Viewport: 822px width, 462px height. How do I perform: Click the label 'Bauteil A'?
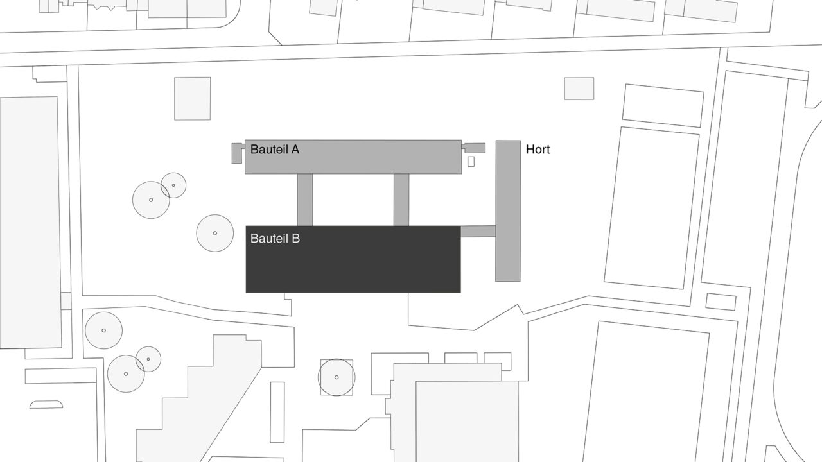[275, 150]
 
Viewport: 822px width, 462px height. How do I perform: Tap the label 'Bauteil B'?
[275, 239]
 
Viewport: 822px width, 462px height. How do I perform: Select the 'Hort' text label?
[538, 150]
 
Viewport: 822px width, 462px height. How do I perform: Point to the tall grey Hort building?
[508, 211]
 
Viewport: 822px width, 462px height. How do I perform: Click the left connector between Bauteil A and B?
[305, 200]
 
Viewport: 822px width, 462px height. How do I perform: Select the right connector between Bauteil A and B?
[401, 200]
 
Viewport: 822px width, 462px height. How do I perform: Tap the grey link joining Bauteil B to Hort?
[478, 232]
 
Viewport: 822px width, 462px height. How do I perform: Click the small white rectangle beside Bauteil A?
[471, 162]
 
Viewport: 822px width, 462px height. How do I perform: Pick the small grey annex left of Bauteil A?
[237, 153]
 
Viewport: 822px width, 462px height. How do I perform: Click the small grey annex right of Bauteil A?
[475, 148]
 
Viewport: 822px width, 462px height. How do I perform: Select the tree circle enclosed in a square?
[337, 377]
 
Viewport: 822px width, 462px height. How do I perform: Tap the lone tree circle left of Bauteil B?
[214, 233]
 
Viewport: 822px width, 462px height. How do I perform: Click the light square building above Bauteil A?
[192, 99]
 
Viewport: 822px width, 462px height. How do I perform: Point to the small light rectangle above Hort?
[579, 89]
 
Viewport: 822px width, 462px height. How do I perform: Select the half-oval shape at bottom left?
[46, 405]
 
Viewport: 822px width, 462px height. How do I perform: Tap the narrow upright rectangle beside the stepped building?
[277, 412]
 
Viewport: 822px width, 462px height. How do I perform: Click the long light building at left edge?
[30, 222]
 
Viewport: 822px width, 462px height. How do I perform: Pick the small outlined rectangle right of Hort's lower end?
[721, 302]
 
